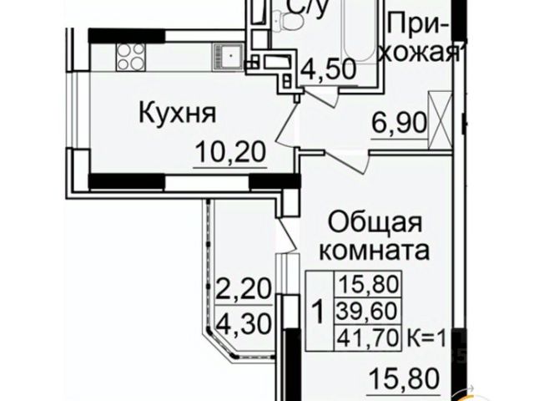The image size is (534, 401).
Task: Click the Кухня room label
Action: (x=177, y=114)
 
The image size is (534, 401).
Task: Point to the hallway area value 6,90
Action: (x=399, y=126)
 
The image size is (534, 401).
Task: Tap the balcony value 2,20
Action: (x=245, y=291)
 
